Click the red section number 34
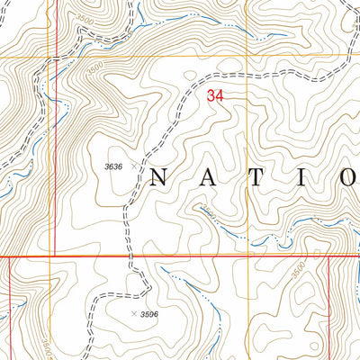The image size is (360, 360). [x=215, y=94]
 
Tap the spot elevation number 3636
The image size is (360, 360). [x=112, y=166]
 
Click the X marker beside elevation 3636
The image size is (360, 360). [x=135, y=166]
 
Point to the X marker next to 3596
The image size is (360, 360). [x=135, y=313]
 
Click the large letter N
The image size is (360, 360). [x=159, y=176]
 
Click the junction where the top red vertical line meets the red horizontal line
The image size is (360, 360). [x=55, y=256]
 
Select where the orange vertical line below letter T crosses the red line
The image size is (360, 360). [x=246, y=256]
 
